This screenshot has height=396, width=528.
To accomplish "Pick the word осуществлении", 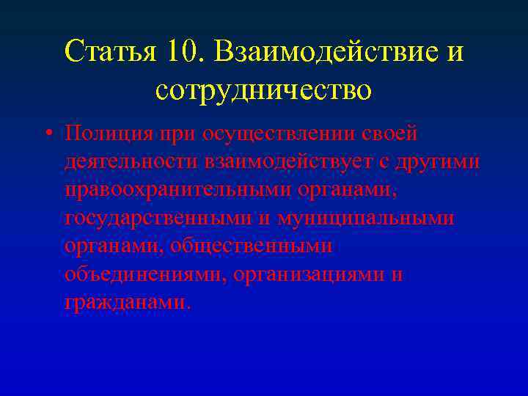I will pos(268,134).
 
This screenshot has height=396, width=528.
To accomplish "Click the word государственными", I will pos(149,219).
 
